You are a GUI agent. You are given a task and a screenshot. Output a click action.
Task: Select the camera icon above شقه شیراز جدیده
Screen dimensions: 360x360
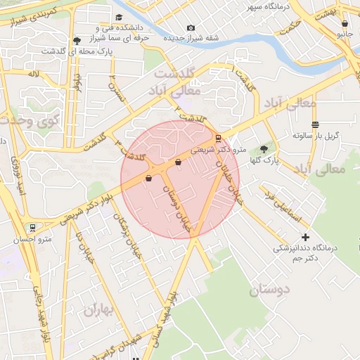191,28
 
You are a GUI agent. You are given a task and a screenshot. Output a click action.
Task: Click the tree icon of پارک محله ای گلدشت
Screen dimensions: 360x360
76,41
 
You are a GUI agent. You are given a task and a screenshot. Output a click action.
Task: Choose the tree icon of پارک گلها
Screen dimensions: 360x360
264,149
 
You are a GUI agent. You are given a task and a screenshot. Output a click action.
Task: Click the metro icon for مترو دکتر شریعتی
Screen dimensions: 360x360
218,138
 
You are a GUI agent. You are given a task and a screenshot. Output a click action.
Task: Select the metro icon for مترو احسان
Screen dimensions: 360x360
32,228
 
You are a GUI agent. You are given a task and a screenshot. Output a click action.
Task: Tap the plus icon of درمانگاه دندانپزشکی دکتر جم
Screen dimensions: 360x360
305,237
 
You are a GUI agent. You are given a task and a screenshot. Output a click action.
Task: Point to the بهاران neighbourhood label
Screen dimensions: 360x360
99,310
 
